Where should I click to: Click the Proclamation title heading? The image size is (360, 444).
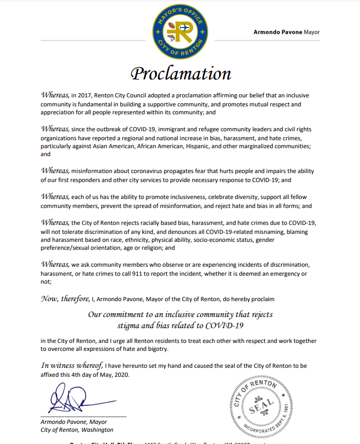(x=181, y=73)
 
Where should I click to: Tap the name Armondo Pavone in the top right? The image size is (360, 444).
(x=278, y=32)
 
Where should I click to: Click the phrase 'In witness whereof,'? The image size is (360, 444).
(x=71, y=365)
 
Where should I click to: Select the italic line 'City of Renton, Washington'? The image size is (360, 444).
(x=77, y=430)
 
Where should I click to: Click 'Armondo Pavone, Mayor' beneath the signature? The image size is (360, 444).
(x=74, y=422)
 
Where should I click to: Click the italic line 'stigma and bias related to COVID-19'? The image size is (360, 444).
(x=180, y=324)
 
